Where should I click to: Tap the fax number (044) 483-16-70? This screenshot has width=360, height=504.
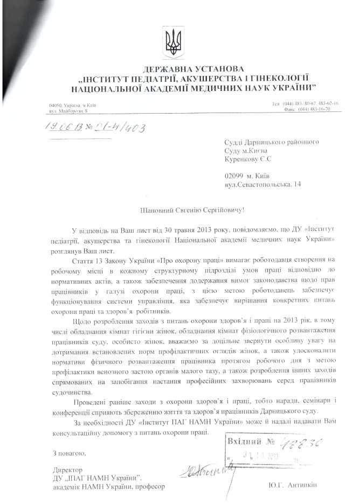pos(318,108)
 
